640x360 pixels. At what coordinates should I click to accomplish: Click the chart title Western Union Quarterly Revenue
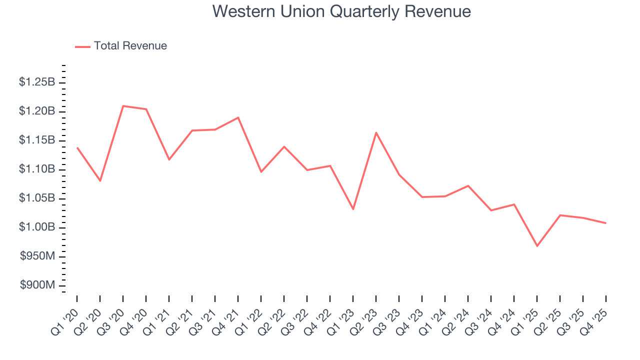pos(341,11)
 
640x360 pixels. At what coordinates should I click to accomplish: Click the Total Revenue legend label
pos(130,46)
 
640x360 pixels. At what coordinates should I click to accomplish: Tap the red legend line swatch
pos(82,46)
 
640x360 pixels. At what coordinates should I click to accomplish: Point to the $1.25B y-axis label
pos(37,82)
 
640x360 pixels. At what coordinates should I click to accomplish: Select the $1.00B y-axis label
pos(37,227)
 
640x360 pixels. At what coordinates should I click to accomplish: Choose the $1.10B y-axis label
pos(37,169)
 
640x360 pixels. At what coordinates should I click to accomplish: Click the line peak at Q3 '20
pos(123,106)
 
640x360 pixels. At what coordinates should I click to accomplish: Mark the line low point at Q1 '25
pos(537,246)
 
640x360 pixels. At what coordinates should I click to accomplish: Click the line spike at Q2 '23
pos(376,132)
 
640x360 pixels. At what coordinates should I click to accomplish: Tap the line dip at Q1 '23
pos(353,209)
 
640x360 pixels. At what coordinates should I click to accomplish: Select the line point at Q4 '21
pos(238,117)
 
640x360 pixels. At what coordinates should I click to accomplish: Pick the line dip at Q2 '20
pos(100,180)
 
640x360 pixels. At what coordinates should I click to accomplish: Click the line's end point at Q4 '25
pos(606,223)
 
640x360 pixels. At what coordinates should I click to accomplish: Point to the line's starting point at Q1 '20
pos(77,147)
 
